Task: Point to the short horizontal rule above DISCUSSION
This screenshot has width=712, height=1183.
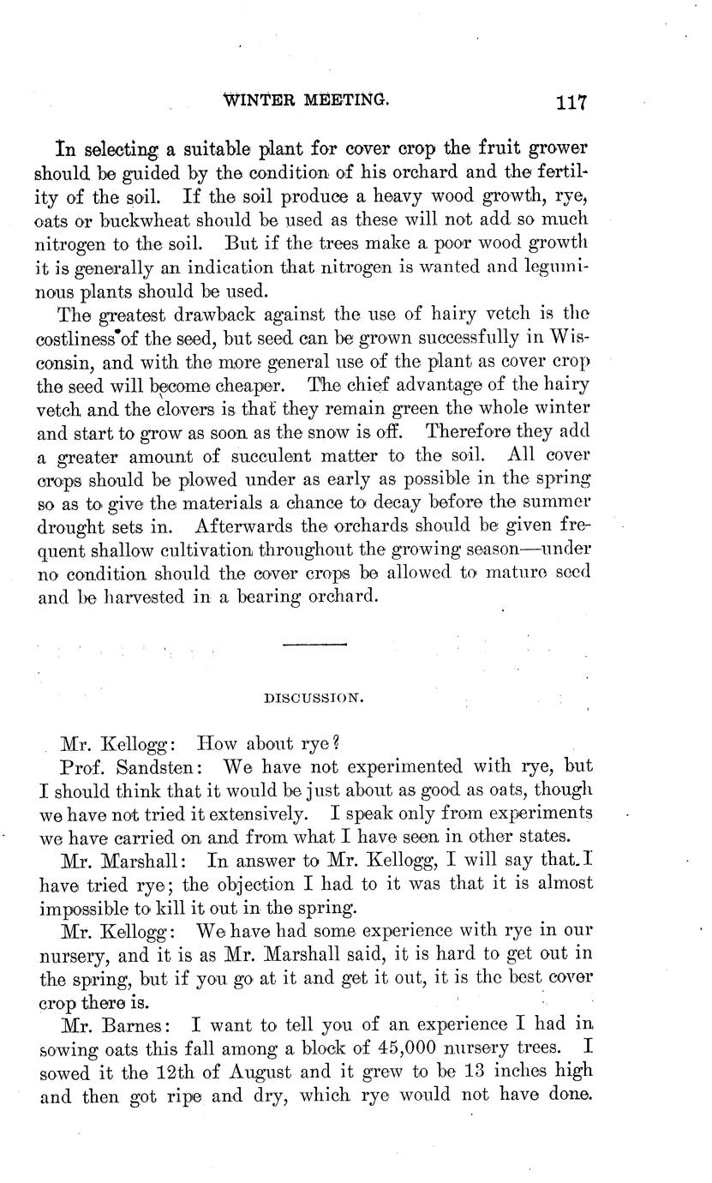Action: tap(314, 643)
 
